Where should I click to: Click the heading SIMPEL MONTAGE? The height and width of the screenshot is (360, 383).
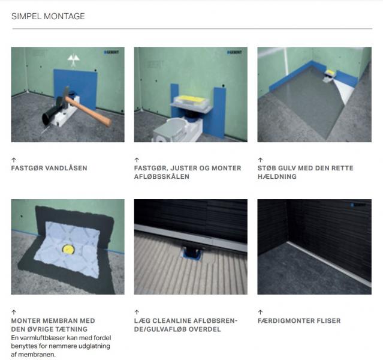pyautogui.click(x=48, y=16)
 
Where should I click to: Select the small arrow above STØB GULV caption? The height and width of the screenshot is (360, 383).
pyautogui.click(x=260, y=160)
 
